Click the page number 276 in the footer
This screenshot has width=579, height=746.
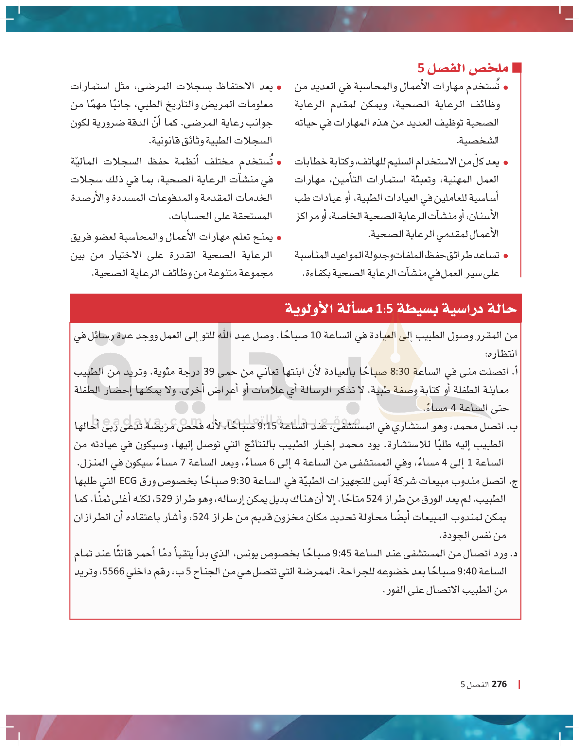pos(499,684)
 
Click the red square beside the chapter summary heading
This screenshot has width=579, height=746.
pos(517,68)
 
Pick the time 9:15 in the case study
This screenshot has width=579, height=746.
pos(266,426)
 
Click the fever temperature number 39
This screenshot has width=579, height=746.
pos(209,372)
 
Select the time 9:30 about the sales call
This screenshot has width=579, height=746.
pos(239,481)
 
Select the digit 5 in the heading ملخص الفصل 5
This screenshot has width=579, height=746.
pos(421,68)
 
